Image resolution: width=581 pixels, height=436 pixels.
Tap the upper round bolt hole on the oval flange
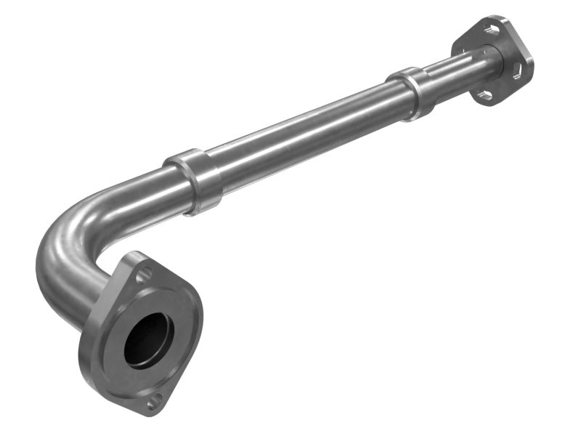pos(145,274)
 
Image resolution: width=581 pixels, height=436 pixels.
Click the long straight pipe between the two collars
pos(305,131)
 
